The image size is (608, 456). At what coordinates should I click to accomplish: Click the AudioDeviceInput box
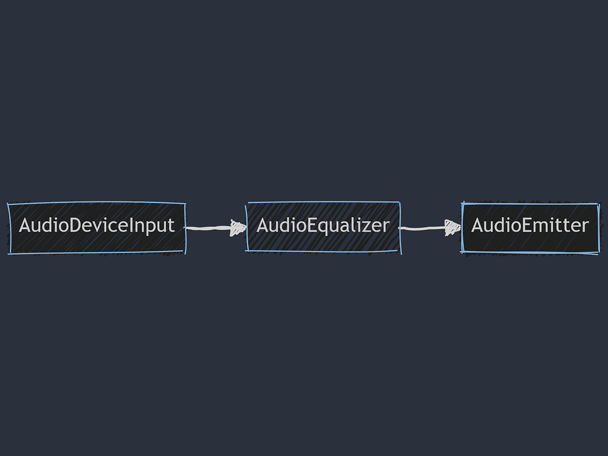pyautogui.click(x=97, y=228)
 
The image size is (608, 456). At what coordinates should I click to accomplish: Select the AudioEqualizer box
pyautogui.click(x=323, y=227)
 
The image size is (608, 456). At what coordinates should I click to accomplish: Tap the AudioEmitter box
pyautogui.click(x=530, y=227)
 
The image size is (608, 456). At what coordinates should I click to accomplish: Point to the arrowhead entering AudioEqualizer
pyautogui.click(x=238, y=228)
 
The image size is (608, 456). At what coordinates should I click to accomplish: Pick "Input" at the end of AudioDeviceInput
pyautogui.click(x=153, y=226)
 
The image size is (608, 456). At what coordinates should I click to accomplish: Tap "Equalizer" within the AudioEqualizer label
pyautogui.click(x=347, y=226)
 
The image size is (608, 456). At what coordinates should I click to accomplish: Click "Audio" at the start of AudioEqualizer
pyautogui.click(x=280, y=226)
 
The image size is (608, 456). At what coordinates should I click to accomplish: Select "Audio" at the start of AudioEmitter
pyautogui.click(x=494, y=226)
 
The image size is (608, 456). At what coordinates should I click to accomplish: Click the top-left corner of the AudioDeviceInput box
pyautogui.click(x=9, y=204)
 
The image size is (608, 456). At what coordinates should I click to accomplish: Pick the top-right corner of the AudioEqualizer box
pyautogui.click(x=399, y=202)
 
